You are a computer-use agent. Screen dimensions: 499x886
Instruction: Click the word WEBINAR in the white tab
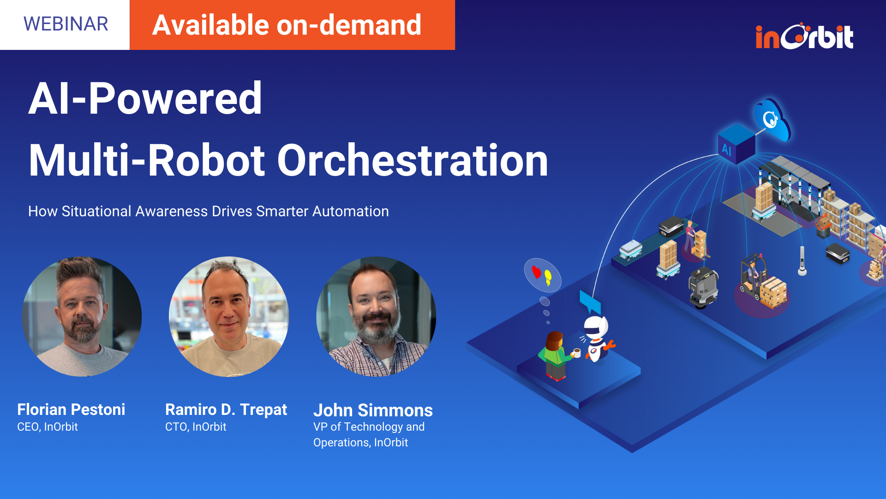point(66,24)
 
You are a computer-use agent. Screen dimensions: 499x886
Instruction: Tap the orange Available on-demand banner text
point(287,25)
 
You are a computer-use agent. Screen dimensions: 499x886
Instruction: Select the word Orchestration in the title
point(412,160)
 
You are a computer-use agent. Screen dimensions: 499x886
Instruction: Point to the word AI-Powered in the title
point(145,98)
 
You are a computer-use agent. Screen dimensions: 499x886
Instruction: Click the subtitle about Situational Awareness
point(208,211)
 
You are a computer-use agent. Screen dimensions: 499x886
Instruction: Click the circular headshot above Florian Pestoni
point(82,316)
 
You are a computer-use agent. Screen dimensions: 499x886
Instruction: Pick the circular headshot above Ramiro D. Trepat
point(229,316)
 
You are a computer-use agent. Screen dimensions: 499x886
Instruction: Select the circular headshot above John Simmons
point(376,316)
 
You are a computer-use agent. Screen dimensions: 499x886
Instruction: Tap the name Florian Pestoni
point(71,409)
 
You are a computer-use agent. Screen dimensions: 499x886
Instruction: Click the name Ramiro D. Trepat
point(226,409)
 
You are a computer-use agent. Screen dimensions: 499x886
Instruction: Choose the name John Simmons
point(373,410)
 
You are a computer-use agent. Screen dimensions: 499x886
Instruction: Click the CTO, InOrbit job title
point(196,427)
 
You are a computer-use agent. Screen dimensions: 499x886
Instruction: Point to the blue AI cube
point(736,144)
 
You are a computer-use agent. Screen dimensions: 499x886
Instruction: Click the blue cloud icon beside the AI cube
point(772,119)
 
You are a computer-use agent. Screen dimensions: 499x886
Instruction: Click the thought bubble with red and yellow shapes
point(542,275)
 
